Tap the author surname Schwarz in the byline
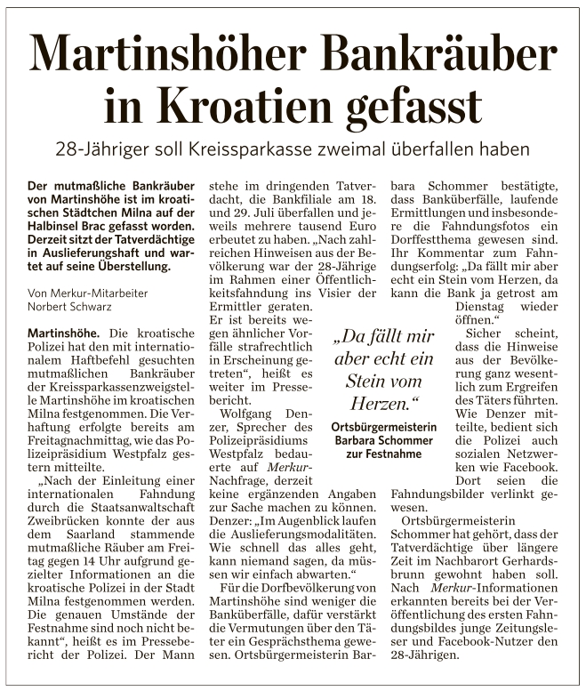pyautogui.click(x=88, y=308)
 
